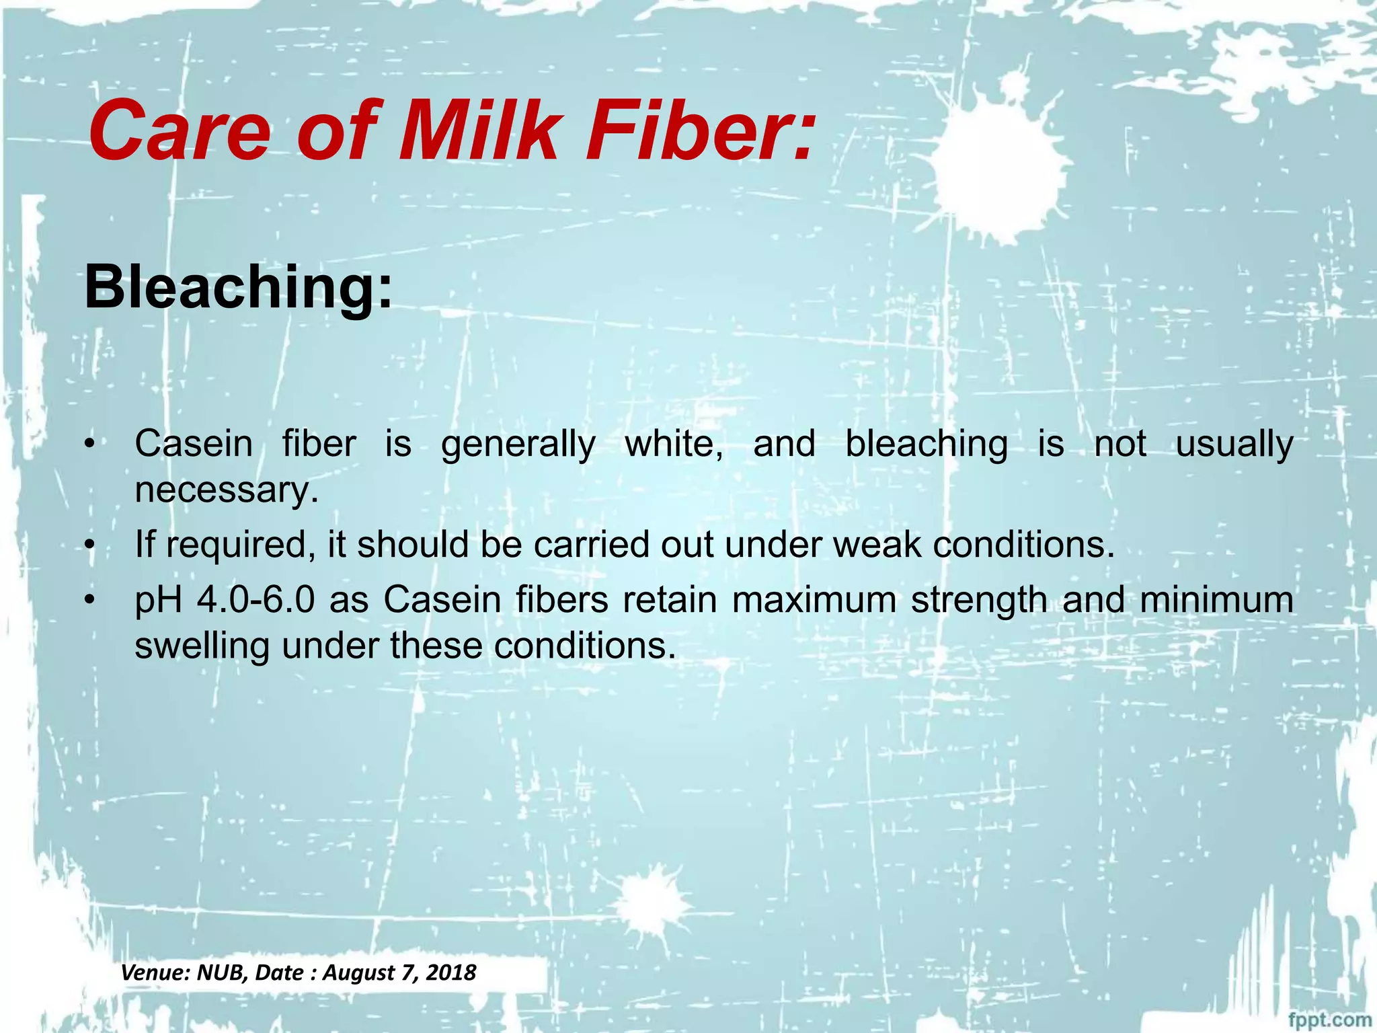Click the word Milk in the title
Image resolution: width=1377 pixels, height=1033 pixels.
pyautogui.click(x=477, y=131)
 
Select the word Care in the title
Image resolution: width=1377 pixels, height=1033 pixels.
pyautogui.click(x=179, y=131)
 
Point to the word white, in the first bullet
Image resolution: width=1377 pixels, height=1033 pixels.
pyautogui.click(x=674, y=444)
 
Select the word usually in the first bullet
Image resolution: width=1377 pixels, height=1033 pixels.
pyautogui.click(x=1234, y=444)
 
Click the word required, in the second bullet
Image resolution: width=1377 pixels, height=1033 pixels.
pyautogui.click(x=241, y=544)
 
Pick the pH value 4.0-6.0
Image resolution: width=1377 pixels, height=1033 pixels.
pyautogui.click(x=255, y=599)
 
